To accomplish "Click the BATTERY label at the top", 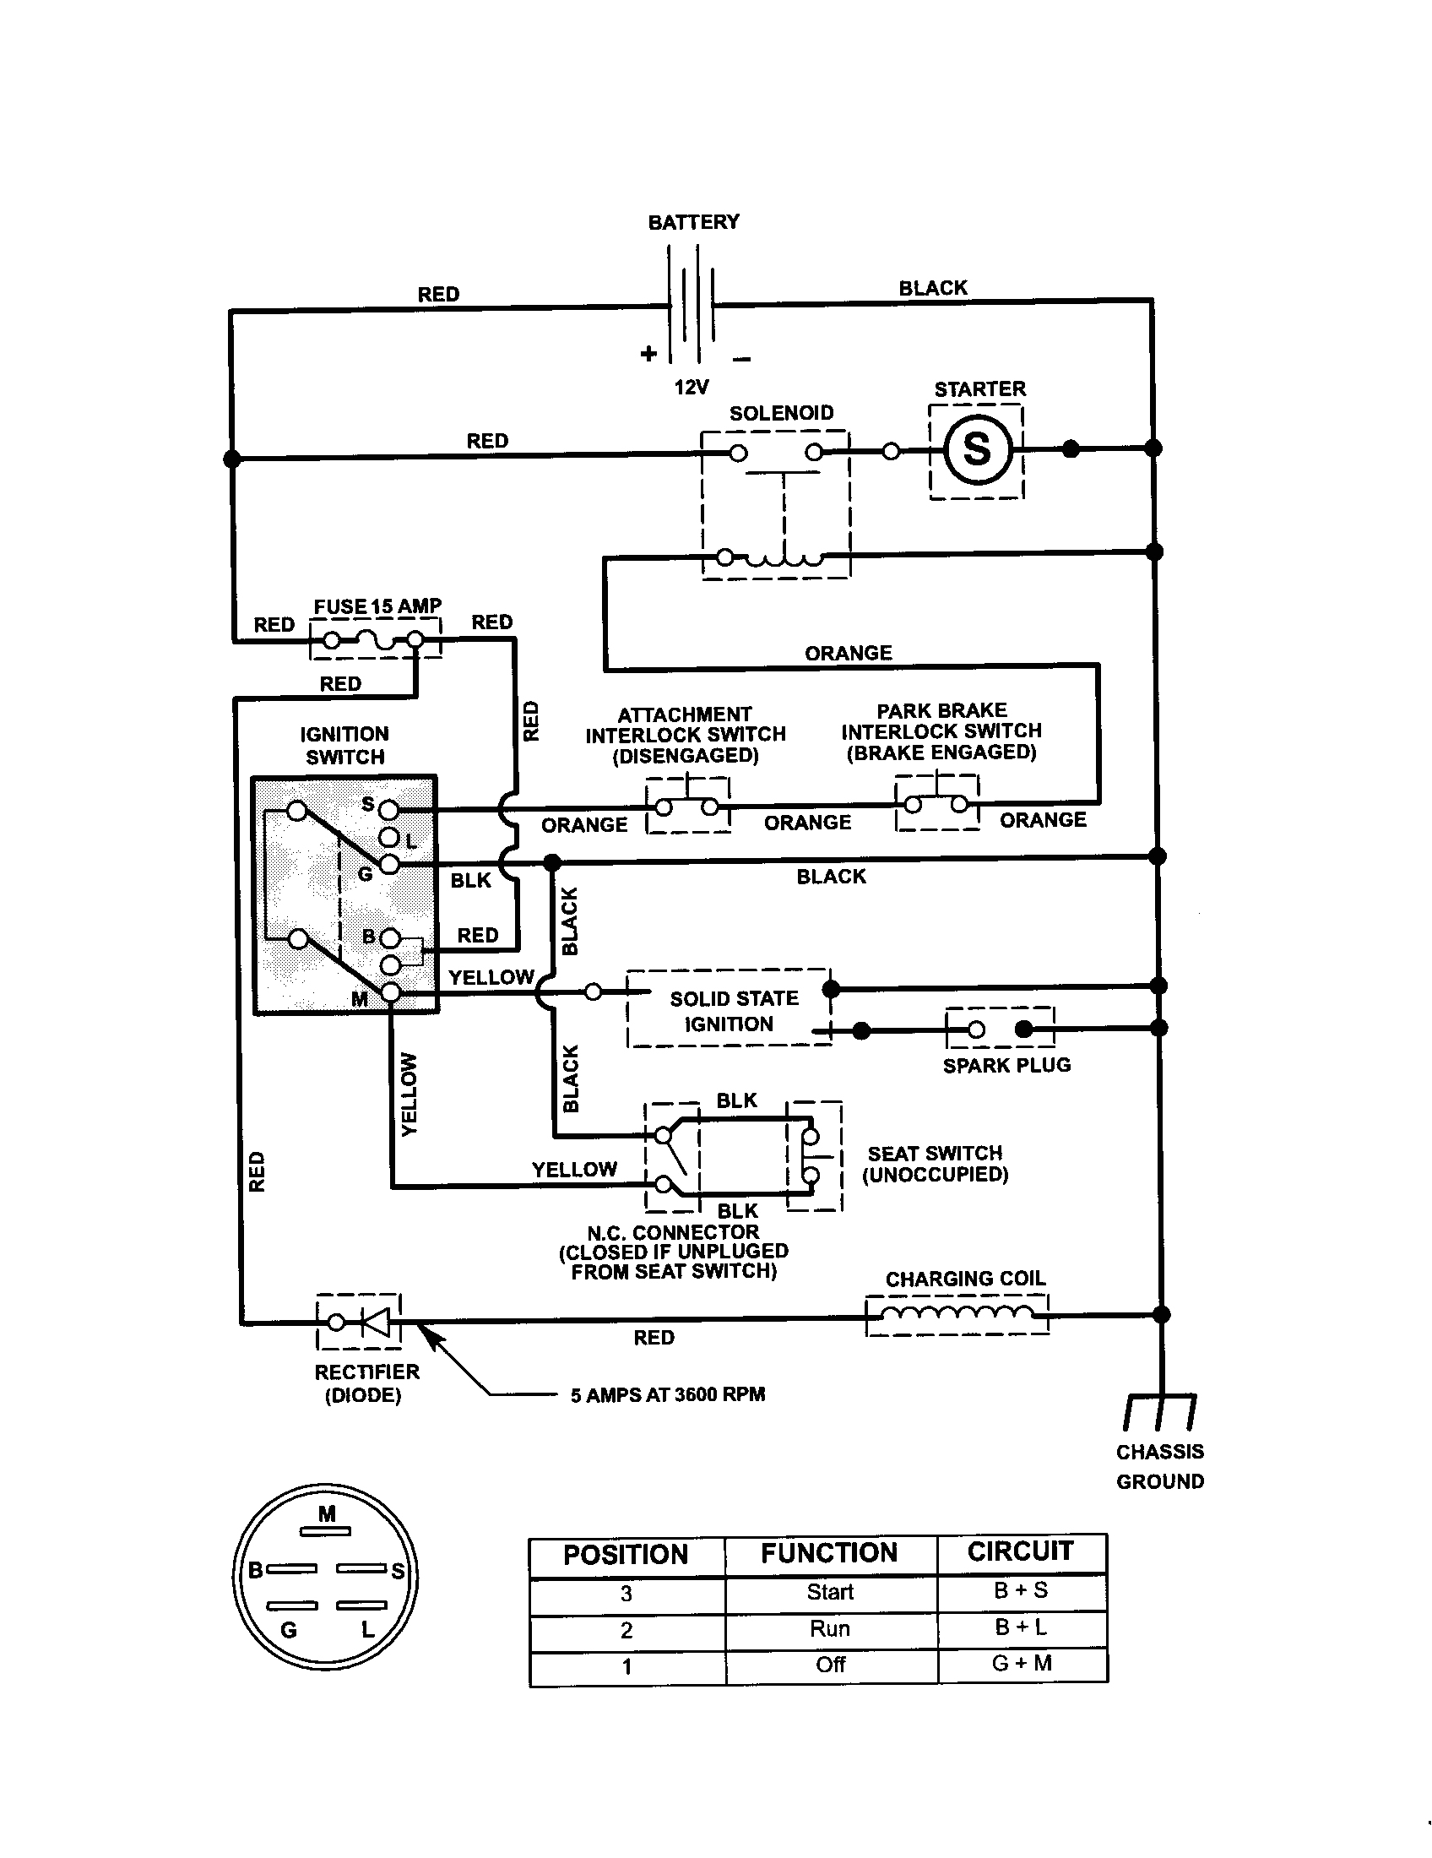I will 693,222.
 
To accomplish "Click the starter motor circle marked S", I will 976,448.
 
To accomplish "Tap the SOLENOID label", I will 781,414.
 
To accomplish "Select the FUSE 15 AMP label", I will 377,606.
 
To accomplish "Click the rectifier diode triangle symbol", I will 375,1322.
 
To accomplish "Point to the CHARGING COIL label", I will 965,1279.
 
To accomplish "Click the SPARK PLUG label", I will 1006,1065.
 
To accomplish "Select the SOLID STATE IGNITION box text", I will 732,1011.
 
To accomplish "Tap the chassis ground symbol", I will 1160,1411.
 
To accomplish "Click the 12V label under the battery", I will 691,388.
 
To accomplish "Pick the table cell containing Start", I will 830,1592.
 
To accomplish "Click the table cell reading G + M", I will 1022,1663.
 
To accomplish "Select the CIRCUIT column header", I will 1021,1551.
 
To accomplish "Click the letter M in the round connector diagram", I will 328,1513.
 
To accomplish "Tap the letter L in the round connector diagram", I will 367,1630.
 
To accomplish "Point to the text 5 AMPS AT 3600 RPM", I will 668,1394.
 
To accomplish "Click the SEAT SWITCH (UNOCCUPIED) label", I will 935,1164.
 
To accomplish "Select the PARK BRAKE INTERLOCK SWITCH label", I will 941,731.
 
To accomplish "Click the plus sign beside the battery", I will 648,354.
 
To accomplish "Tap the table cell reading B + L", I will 1022,1627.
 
